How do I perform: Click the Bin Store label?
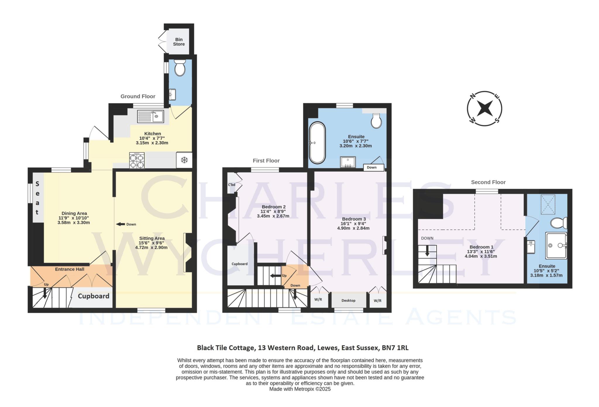[179, 42]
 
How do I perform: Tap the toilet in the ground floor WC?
[179, 68]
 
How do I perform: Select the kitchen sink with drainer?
[150, 116]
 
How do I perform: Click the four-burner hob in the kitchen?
[137, 161]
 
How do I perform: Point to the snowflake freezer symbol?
[184, 160]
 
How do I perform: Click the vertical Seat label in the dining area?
[37, 198]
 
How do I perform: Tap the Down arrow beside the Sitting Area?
[121, 224]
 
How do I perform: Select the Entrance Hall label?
[70, 269]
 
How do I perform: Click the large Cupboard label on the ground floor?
[93, 296]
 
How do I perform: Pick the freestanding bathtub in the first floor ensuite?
[317, 143]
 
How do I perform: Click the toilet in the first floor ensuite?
[376, 121]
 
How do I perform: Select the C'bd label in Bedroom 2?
[232, 185]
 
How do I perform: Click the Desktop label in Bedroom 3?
[348, 300]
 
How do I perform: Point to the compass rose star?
[484, 108]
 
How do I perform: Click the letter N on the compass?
[472, 96]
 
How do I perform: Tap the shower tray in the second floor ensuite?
[556, 245]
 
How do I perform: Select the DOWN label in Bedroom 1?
[427, 238]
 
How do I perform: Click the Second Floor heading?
[488, 182]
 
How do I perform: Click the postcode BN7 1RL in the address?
[395, 348]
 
